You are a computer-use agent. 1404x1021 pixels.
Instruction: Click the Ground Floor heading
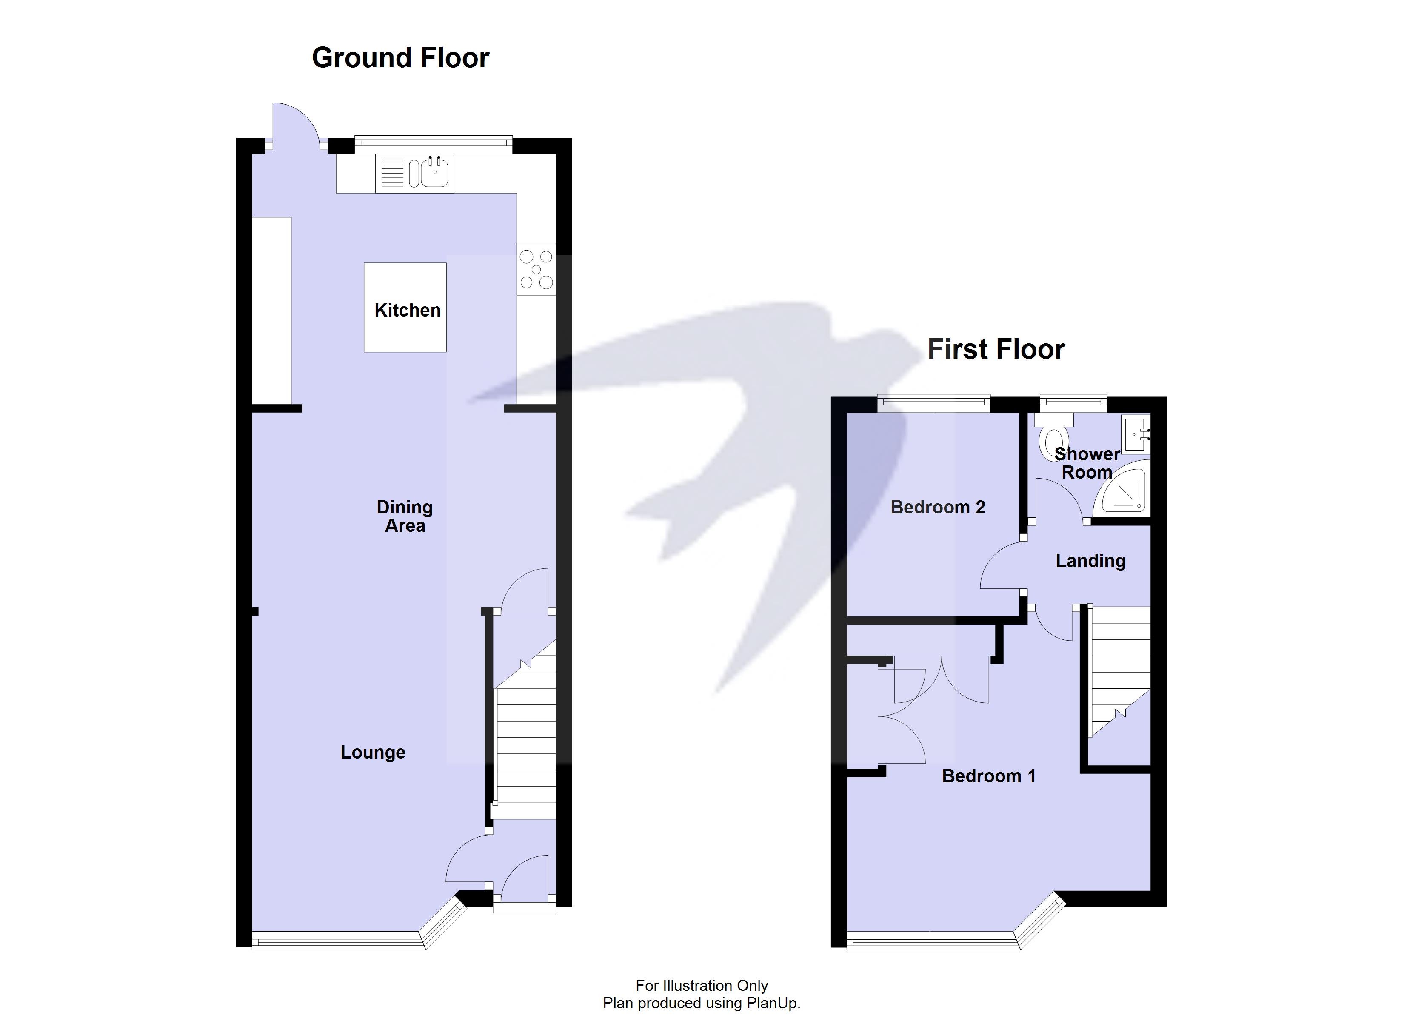coord(400,57)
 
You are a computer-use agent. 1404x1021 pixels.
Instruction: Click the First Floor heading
coord(996,349)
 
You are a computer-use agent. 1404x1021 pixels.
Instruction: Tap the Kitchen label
coord(407,310)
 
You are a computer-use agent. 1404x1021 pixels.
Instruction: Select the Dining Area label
coord(405,516)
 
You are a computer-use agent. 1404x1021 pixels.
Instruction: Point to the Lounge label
coord(373,752)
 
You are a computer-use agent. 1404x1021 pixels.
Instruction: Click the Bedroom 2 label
coord(937,507)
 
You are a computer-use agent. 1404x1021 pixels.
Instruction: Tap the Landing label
coord(1090,561)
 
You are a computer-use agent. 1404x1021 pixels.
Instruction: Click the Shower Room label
coord(1087,463)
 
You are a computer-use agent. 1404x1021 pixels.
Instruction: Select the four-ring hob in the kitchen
coord(536,269)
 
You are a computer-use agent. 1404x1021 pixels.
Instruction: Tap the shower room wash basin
coord(1136,435)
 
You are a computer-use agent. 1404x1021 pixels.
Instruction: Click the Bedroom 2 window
coord(933,404)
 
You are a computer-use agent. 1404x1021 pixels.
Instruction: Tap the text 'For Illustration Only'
coord(702,985)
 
